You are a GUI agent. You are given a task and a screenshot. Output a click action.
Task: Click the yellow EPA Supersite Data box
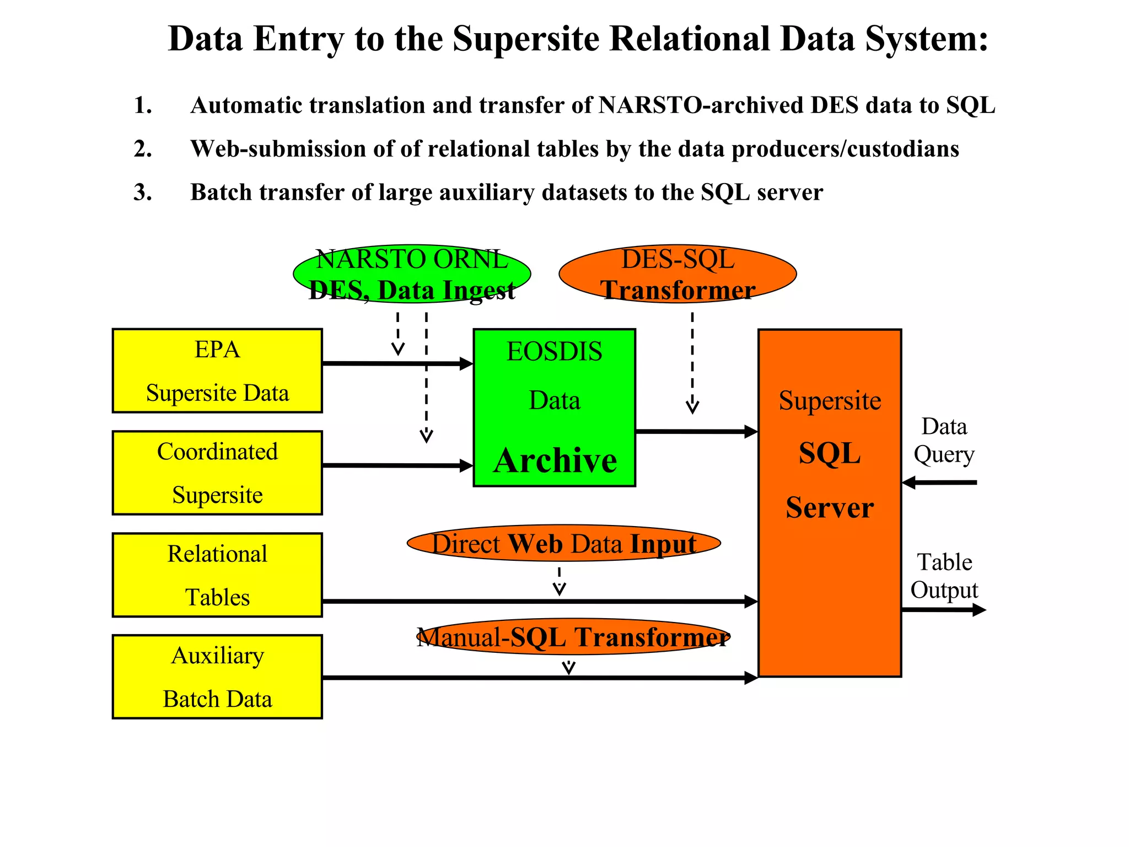[217, 371]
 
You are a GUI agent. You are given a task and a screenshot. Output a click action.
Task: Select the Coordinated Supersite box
[217, 473]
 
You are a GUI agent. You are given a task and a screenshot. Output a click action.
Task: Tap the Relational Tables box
[217, 575]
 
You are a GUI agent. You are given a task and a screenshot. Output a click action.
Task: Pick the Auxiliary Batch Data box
[217, 677]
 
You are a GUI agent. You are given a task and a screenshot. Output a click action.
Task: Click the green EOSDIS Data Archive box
[554, 408]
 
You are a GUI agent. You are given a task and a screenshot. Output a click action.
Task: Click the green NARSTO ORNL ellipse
[412, 274]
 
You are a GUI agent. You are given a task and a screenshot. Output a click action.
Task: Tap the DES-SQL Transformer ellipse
[678, 274]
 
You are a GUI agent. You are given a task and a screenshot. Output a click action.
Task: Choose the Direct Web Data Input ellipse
[563, 543]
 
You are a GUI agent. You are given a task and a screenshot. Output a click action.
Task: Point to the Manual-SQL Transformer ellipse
[573, 637]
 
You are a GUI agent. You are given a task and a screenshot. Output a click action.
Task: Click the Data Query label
[944, 440]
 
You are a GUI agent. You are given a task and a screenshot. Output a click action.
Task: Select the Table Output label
[944, 576]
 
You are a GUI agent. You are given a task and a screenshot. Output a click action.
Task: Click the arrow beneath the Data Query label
[939, 483]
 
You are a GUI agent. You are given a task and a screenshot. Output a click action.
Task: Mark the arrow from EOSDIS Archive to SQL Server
[696, 431]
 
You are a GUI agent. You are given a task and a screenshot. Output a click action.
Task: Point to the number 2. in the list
[143, 149]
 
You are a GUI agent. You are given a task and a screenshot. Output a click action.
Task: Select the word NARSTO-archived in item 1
[700, 105]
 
